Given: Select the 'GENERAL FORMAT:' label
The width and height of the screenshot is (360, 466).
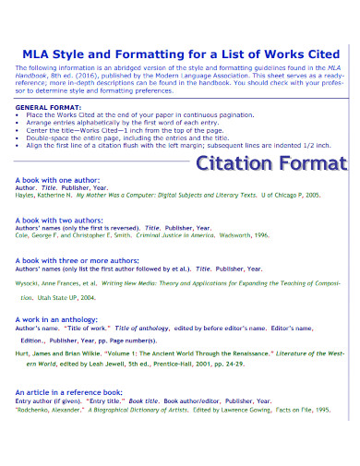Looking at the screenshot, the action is coord(43,107).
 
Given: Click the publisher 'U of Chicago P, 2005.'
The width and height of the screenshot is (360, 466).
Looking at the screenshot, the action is coord(292,196).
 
